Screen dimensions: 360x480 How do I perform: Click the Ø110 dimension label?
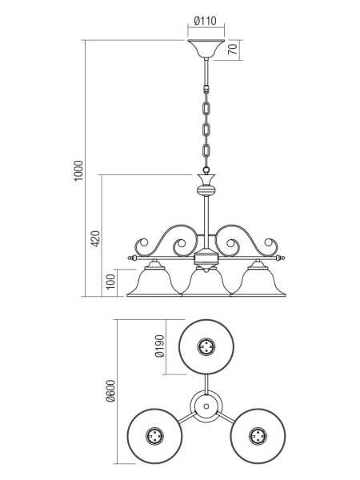(x=206, y=21)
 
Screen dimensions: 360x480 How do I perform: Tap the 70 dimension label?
(x=233, y=49)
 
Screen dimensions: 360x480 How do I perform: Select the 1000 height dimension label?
(x=78, y=170)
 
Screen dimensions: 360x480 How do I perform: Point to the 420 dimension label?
(x=95, y=239)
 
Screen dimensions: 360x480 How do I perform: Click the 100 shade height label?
(x=111, y=282)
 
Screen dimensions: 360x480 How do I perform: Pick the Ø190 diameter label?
(x=160, y=346)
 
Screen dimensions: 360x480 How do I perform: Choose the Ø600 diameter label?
(x=110, y=390)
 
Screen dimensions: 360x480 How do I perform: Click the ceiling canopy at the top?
(x=206, y=49)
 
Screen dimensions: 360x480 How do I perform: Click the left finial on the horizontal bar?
(x=132, y=258)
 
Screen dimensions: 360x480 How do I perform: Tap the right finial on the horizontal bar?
(x=281, y=258)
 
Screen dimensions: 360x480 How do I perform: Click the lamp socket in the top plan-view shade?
(x=206, y=347)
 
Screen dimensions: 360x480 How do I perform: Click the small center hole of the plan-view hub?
(x=206, y=406)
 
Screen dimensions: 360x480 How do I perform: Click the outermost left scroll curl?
(x=141, y=246)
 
